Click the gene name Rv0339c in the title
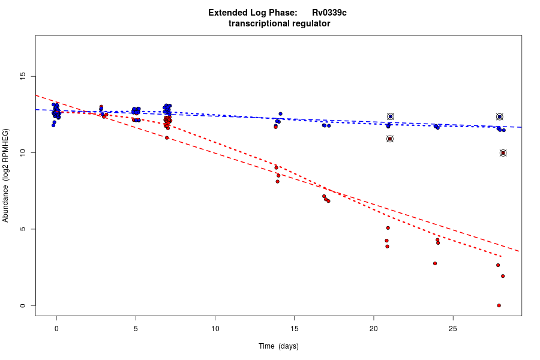pyautogui.click(x=329, y=13)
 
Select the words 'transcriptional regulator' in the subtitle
pyautogui.click(x=279, y=24)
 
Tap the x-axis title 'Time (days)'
pyautogui.click(x=278, y=346)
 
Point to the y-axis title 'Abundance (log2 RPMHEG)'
pyautogui.click(x=6, y=175)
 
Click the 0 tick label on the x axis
pyautogui.click(x=56, y=329)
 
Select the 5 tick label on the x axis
pyautogui.click(x=136, y=329)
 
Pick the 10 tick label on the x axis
pyautogui.click(x=215, y=329)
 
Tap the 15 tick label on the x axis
pyautogui.click(x=294, y=329)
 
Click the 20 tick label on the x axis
pyautogui.click(x=373, y=329)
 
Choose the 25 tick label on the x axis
pyautogui.click(x=452, y=329)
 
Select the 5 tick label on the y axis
pyautogui.click(x=23, y=229)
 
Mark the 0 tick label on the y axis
pyautogui.click(x=23, y=305)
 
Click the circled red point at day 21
pyautogui.click(x=390, y=139)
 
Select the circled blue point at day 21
pyautogui.click(x=391, y=116)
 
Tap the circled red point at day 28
pyautogui.click(x=503, y=153)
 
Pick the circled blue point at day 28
pyautogui.click(x=499, y=116)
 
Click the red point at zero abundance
pyautogui.click(x=499, y=305)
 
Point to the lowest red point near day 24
pyautogui.click(x=435, y=263)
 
